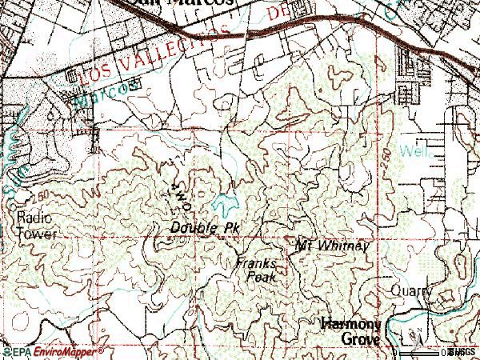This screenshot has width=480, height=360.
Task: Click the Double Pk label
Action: (x=205, y=228)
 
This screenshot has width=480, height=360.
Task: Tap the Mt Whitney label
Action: (x=331, y=245)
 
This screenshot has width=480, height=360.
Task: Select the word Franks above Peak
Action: (x=256, y=263)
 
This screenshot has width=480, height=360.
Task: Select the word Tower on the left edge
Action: (x=32, y=234)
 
